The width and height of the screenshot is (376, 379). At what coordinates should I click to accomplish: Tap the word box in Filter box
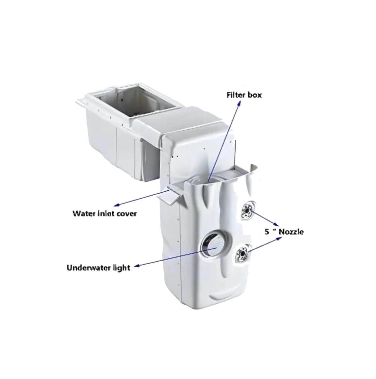[255, 95]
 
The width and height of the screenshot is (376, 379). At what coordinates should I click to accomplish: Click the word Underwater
[88, 268]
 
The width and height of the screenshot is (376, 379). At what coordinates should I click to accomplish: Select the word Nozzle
[291, 232]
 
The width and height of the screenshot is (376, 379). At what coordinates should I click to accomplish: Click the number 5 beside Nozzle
[267, 232]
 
